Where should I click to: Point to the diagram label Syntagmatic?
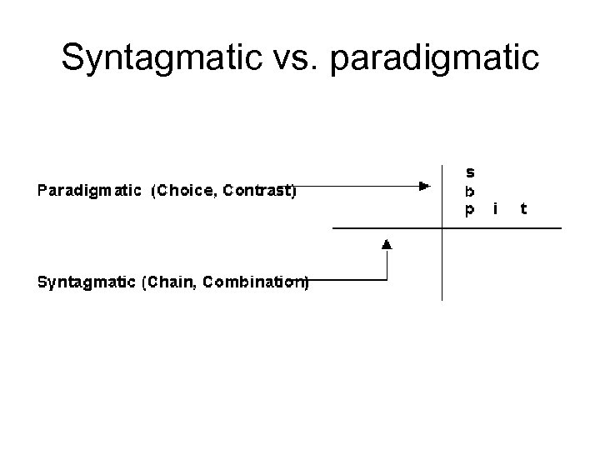point(87,282)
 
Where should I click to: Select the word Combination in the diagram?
point(253,282)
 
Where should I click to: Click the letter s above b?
point(470,172)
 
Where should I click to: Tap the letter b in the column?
point(470,190)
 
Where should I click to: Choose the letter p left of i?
point(470,210)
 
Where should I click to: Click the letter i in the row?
point(496,208)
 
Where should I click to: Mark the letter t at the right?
point(522,208)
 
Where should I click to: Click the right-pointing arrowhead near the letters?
point(424,185)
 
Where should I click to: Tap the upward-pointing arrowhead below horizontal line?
point(387,244)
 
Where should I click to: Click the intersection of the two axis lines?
point(442,227)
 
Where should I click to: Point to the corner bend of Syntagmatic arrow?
point(387,281)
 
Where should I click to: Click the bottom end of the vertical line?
point(442,299)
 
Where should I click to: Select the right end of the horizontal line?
point(561,227)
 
